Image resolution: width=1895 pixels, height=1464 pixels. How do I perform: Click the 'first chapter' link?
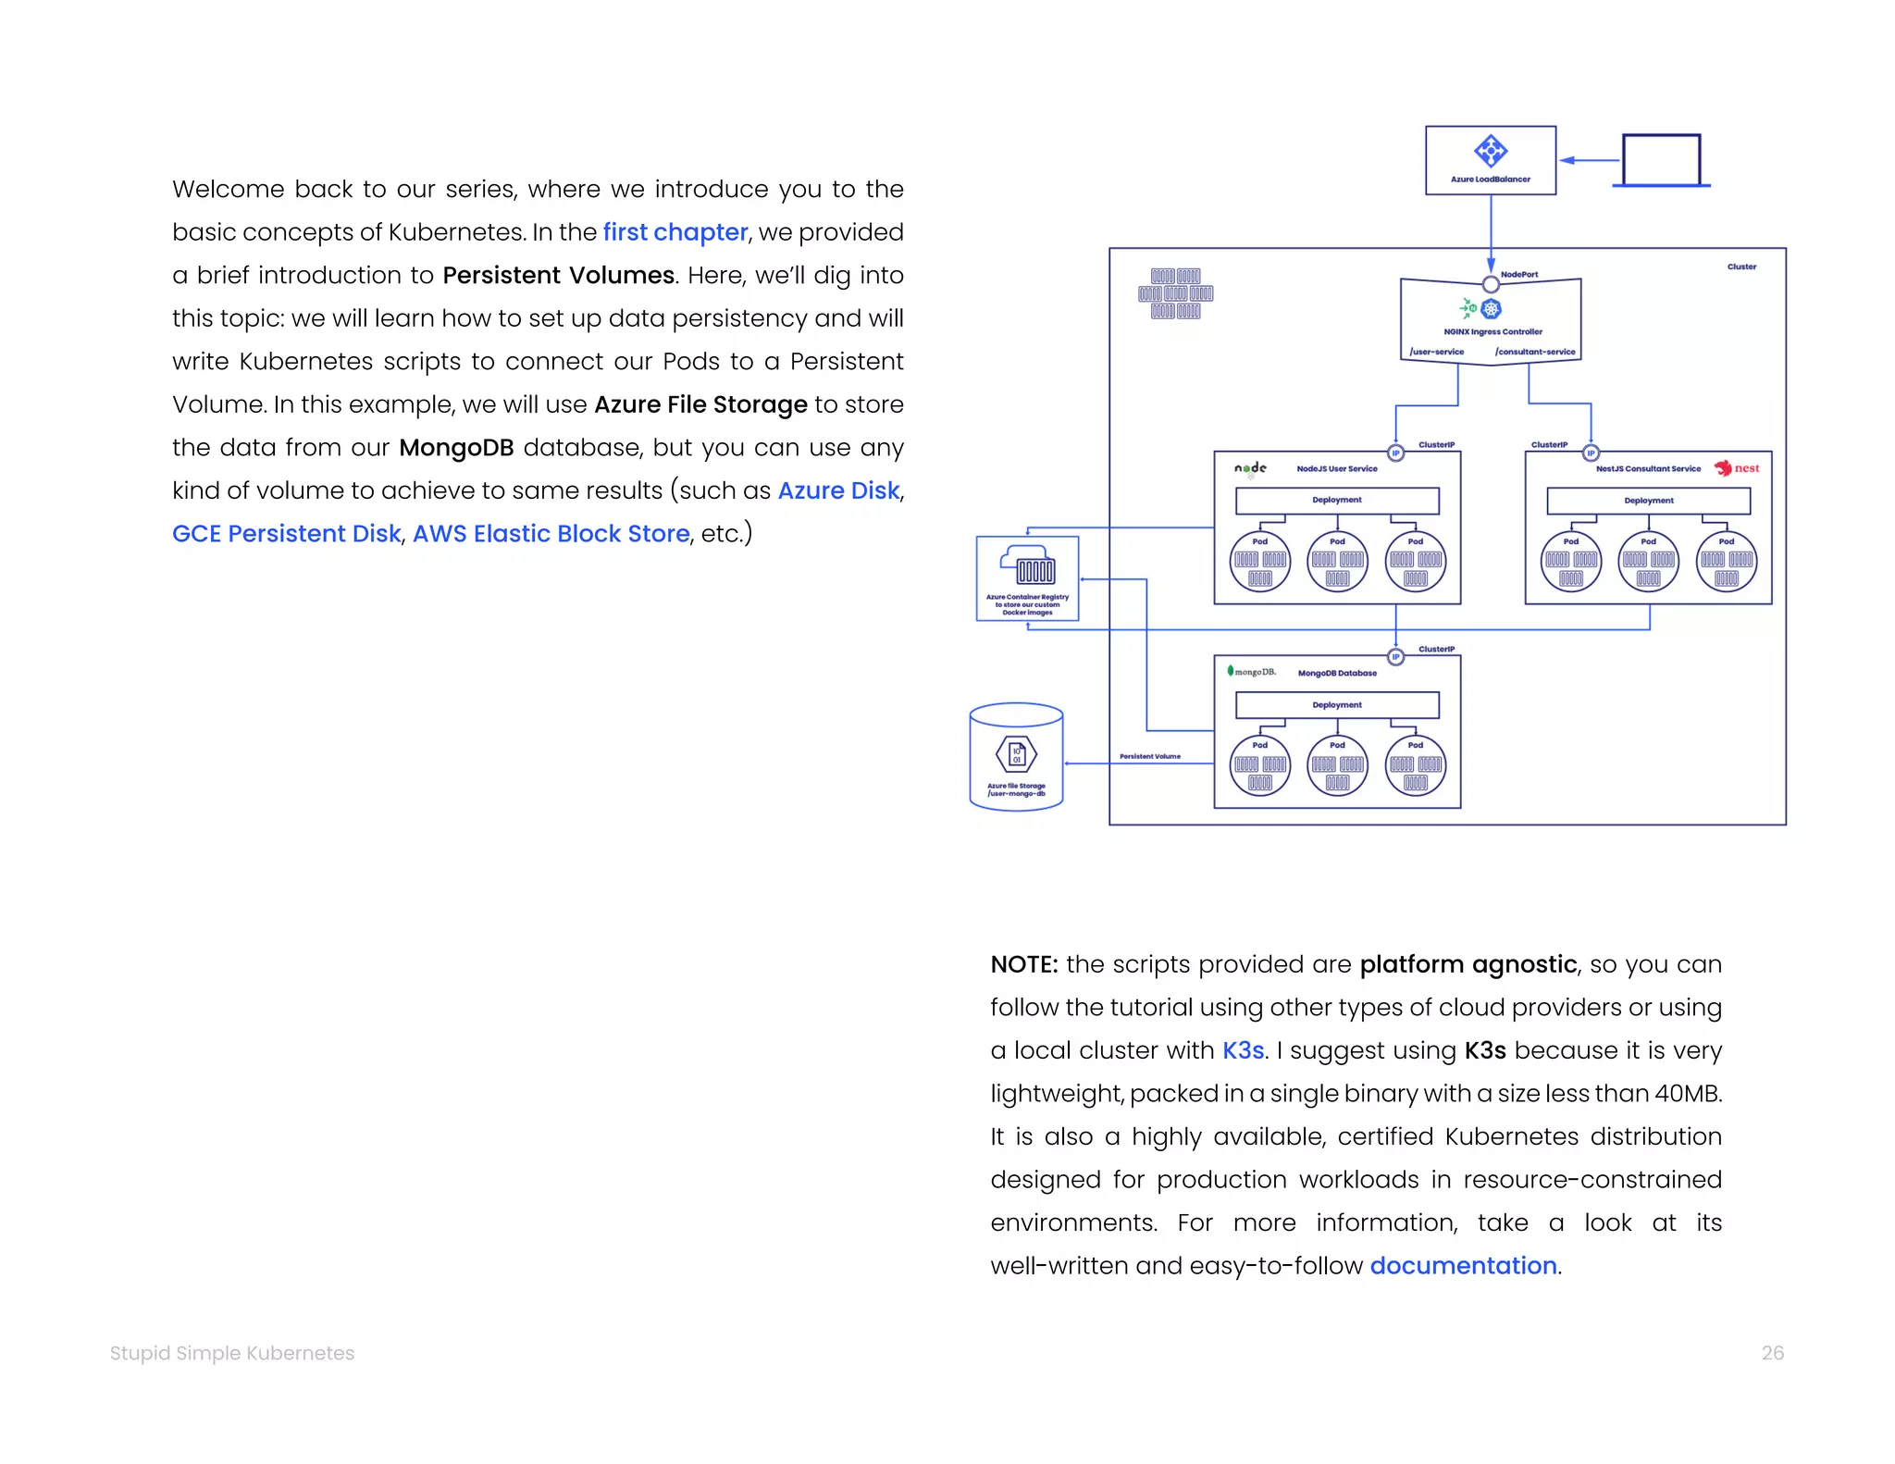click(675, 232)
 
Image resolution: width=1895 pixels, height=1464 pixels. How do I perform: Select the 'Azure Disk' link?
click(838, 490)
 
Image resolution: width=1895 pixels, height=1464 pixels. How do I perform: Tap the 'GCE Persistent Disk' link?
click(286, 534)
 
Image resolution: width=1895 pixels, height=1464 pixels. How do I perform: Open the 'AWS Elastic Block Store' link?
click(551, 534)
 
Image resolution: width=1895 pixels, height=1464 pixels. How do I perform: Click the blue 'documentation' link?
click(1463, 1266)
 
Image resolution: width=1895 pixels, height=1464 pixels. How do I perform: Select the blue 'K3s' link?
click(1243, 1050)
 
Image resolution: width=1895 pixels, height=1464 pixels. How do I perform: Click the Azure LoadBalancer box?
click(1490, 160)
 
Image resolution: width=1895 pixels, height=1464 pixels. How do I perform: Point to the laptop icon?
click(1661, 161)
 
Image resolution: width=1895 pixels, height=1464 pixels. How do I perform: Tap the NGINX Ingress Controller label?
click(1492, 331)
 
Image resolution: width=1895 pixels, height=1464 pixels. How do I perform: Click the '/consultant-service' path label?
click(1534, 352)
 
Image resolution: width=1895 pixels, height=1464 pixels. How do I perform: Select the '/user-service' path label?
click(1436, 352)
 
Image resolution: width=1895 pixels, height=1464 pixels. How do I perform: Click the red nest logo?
click(1736, 468)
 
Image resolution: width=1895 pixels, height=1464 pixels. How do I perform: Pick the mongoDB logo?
click(1251, 672)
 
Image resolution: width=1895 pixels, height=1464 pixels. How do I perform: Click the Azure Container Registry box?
click(1027, 578)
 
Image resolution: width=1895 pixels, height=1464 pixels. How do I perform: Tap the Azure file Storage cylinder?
click(1016, 757)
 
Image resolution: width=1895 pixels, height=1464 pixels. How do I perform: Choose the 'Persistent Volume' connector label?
click(1149, 756)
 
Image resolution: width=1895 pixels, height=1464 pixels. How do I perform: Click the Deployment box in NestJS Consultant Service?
click(1648, 501)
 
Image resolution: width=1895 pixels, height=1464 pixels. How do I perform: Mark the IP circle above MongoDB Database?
click(1395, 657)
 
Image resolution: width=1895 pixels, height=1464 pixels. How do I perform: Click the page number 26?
click(1772, 1353)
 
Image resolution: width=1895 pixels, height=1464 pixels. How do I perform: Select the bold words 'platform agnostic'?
click(1468, 964)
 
